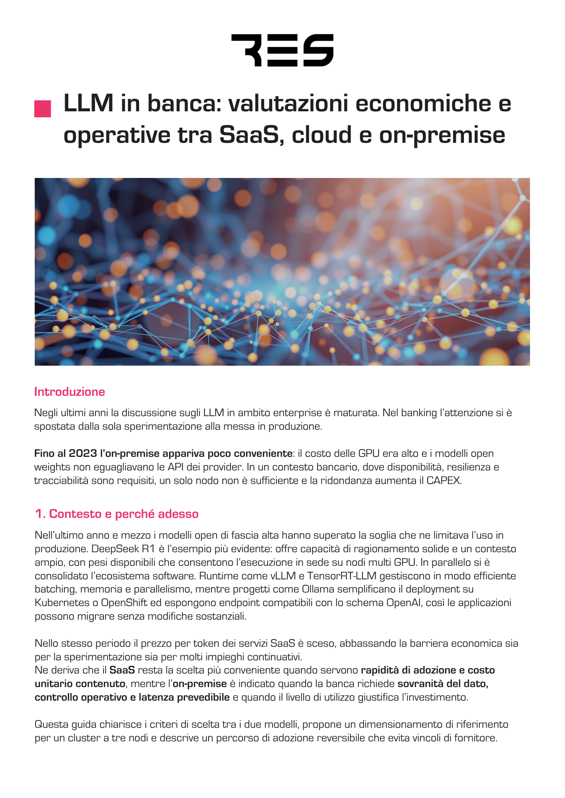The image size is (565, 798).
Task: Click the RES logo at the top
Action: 282,50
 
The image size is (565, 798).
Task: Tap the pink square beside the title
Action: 43,109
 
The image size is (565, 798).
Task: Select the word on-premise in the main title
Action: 442,135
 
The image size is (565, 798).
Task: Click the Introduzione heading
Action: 70,392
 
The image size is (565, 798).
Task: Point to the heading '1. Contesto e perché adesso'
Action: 117,514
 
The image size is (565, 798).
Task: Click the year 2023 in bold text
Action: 83,454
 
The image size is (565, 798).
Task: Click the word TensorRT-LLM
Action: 343,576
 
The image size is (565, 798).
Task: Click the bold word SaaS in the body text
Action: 122,670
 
